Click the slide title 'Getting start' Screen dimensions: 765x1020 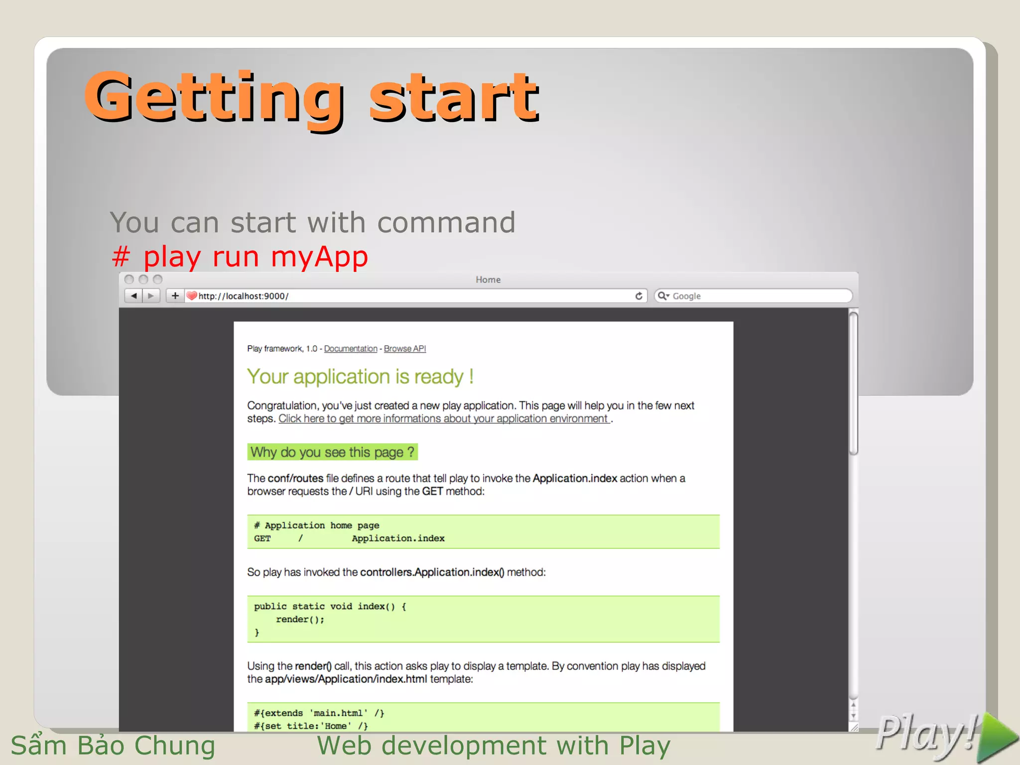tap(312, 97)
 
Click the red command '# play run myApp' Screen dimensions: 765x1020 tap(240, 257)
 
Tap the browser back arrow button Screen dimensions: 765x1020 tap(133, 296)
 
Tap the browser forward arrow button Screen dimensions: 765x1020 tap(151, 296)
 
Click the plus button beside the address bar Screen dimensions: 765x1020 tap(175, 296)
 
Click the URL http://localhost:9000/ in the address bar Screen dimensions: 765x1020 tap(243, 296)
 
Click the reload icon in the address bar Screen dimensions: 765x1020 tap(638, 296)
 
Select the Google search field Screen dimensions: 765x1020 tap(757, 296)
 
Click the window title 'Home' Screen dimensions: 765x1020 tap(488, 280)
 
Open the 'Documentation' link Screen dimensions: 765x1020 tap(351, 349)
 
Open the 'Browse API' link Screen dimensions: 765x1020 tap(404, 349)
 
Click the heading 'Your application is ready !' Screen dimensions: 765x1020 tap(360, 377)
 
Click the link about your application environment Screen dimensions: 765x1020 tap(444, 419)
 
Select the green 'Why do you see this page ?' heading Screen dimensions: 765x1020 tap(332, 452)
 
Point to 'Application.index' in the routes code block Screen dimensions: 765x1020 tap(398, 538)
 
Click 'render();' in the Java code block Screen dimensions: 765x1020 tap(300, 620)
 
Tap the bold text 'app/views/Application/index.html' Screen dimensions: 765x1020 tap(346, 679)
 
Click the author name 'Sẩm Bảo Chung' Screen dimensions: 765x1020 tap(113, 746)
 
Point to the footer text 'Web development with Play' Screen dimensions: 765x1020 tap(494, 746)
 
